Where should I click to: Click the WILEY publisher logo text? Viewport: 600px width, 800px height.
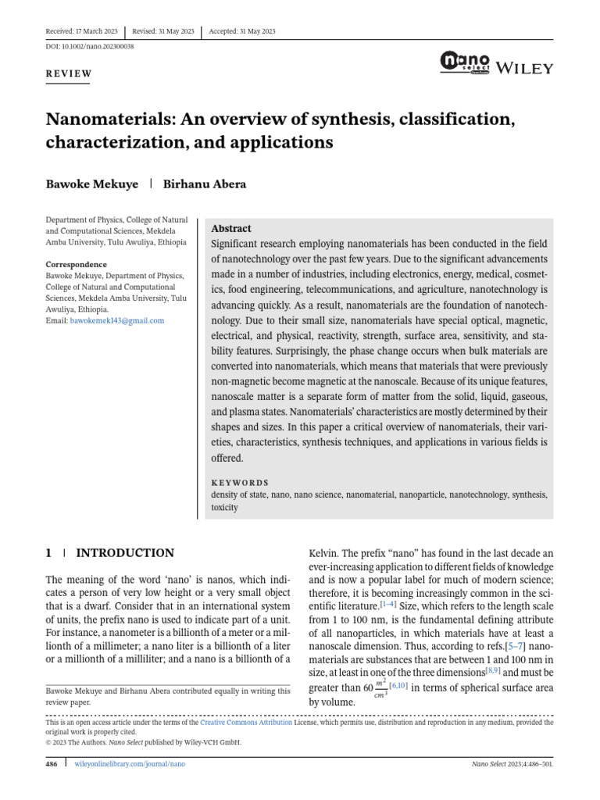(x=525, y=68)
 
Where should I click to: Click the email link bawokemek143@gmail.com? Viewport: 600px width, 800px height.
(x=128, y=320)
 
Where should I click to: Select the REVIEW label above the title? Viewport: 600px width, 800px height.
(x=70, y=74)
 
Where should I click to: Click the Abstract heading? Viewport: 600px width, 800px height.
(x=231, y=229)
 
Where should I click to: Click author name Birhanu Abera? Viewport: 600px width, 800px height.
(x=202, y=184)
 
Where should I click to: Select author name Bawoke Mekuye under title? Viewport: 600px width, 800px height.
(x=91, y=184)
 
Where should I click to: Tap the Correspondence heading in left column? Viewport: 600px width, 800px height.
(x=76, y=265)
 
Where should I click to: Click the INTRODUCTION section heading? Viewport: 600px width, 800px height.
(x=124, y=553)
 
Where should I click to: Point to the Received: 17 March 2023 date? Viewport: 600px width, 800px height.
(x=82, y=31)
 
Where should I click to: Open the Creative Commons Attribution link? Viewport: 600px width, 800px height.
(x=246, y=723)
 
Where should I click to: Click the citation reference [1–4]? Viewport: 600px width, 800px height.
(x=388, y=605)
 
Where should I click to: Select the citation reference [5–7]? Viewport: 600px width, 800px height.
(x=515, y=647)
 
